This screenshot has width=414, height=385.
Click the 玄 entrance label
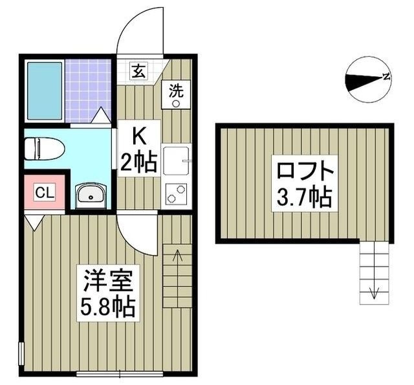(x=138, y=71)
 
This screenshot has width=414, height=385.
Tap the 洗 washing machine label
(x=177, y=90)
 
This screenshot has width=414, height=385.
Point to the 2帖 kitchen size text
(x=139, y=163)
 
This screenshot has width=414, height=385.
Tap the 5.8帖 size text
(x=107, y=307)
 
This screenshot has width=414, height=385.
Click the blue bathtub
(x=45, y=91)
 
